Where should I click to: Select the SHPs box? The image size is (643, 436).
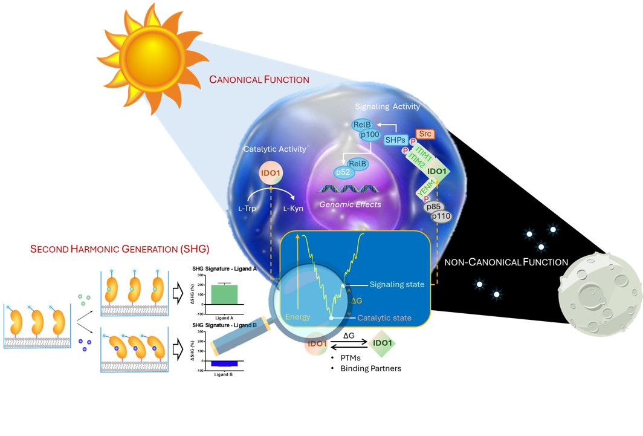click(x=396, y=140)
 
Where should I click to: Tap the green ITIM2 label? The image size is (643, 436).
click(x=418, y=159)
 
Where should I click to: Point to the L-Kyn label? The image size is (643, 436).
click(x=294, y=208)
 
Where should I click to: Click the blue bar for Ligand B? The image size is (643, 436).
click(x=224, y=363)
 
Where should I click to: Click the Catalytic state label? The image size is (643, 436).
click(x=384, y=317)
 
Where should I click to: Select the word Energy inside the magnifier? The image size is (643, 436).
click(x=299, y=317)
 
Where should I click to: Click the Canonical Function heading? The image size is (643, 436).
click(x=259, y=79)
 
